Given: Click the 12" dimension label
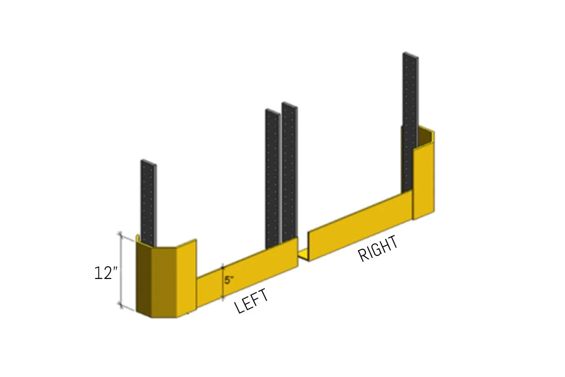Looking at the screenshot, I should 105,273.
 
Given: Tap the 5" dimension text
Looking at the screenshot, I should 229,280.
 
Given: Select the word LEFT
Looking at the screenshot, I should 252,301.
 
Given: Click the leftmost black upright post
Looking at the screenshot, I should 148,203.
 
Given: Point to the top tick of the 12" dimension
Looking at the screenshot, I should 120,234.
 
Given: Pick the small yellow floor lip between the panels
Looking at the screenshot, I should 303,255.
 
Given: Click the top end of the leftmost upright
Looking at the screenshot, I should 148,163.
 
